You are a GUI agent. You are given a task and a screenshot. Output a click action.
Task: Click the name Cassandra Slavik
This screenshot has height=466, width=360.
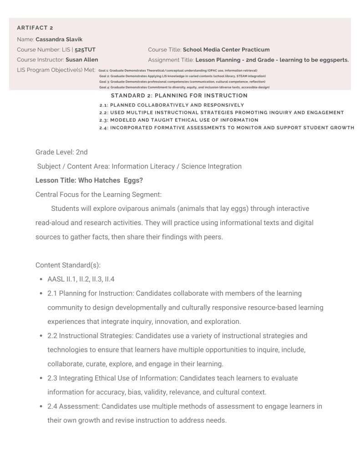click(59, 39)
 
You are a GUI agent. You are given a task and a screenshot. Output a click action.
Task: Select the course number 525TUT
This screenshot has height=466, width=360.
click(85, 49)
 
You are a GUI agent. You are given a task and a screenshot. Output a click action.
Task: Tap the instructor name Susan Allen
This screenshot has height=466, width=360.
click(81, 59)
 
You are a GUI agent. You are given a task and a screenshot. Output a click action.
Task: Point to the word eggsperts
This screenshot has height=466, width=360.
click(332, 59)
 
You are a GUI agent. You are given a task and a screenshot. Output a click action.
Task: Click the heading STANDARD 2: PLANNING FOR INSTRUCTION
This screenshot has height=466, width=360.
click(179, 96)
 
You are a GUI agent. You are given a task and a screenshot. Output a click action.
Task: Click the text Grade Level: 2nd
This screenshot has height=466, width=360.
click(61, 152)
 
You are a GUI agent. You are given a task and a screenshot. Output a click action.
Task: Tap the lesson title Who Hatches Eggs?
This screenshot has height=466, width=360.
click(89, 180)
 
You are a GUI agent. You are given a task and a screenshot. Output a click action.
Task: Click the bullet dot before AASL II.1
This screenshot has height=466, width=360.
click(42, 279)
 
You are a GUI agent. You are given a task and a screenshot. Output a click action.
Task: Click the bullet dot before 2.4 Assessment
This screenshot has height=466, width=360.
click(42, 406)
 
